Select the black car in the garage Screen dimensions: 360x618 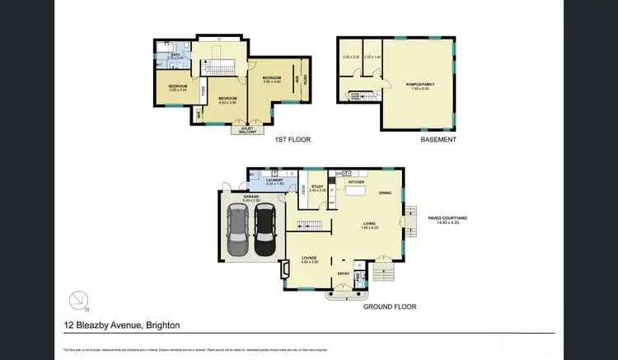[265, 231]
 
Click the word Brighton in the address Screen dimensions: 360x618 [162, 325]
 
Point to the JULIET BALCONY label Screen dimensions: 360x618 [246, 130]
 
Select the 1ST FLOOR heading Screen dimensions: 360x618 [293, 140]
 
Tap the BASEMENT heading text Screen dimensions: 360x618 [438, 140]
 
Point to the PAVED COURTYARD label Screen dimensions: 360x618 [449, 218]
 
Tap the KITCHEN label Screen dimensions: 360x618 [356, 182]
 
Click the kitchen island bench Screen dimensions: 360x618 [356, 192]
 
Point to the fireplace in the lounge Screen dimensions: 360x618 [285, 269]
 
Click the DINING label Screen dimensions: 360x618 [385, 194]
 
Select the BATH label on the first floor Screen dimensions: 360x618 [175, 55]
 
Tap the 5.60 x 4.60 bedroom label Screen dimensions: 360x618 [273, 79]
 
